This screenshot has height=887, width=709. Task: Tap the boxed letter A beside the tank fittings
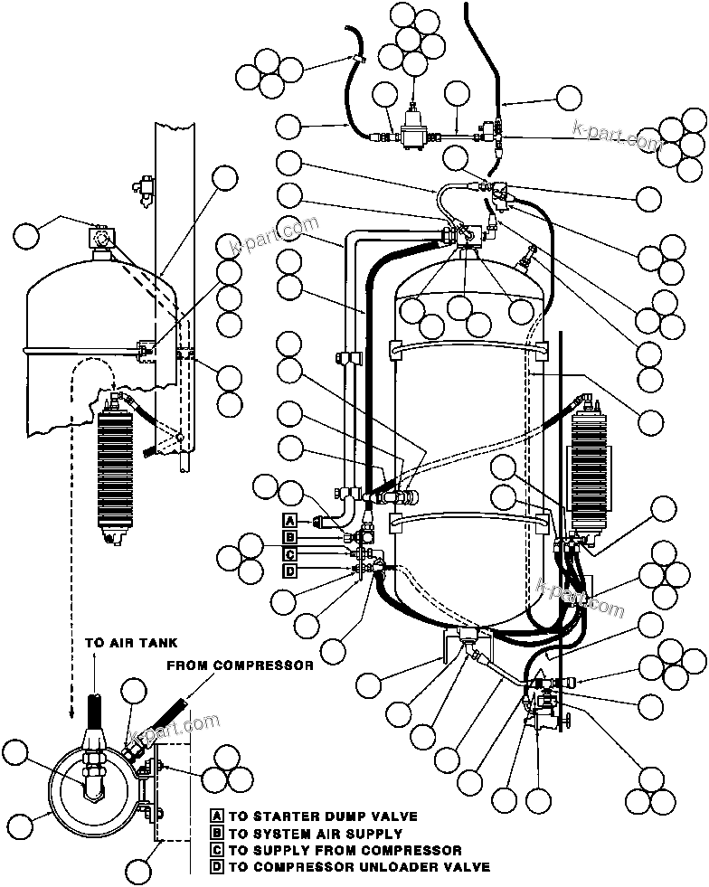(289, 520)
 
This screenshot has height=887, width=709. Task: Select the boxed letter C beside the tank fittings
(289, 553)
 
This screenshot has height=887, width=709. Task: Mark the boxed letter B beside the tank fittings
(289, 537)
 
